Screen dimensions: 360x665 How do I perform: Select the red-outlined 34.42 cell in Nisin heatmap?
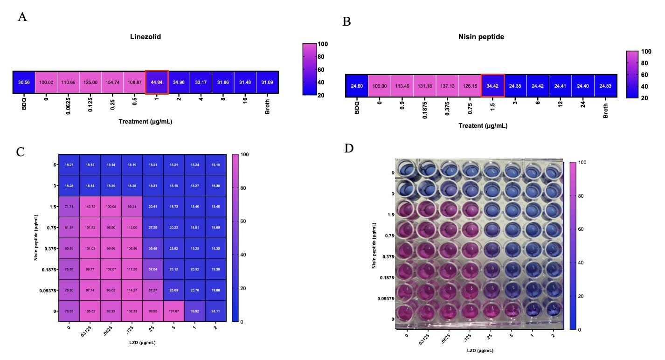coord(492,86)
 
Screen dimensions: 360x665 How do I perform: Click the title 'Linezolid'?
coord(145,37)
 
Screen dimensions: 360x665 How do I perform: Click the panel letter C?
coord(21,152)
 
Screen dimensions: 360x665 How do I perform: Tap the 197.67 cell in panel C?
coord(173,312)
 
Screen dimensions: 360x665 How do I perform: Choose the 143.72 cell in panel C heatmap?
coord(90,207)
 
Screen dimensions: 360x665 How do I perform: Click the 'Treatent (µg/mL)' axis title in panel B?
coord(483,126)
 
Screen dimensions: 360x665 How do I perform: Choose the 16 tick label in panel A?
coord(245,104)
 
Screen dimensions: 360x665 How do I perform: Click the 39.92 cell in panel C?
coord(194,312)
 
